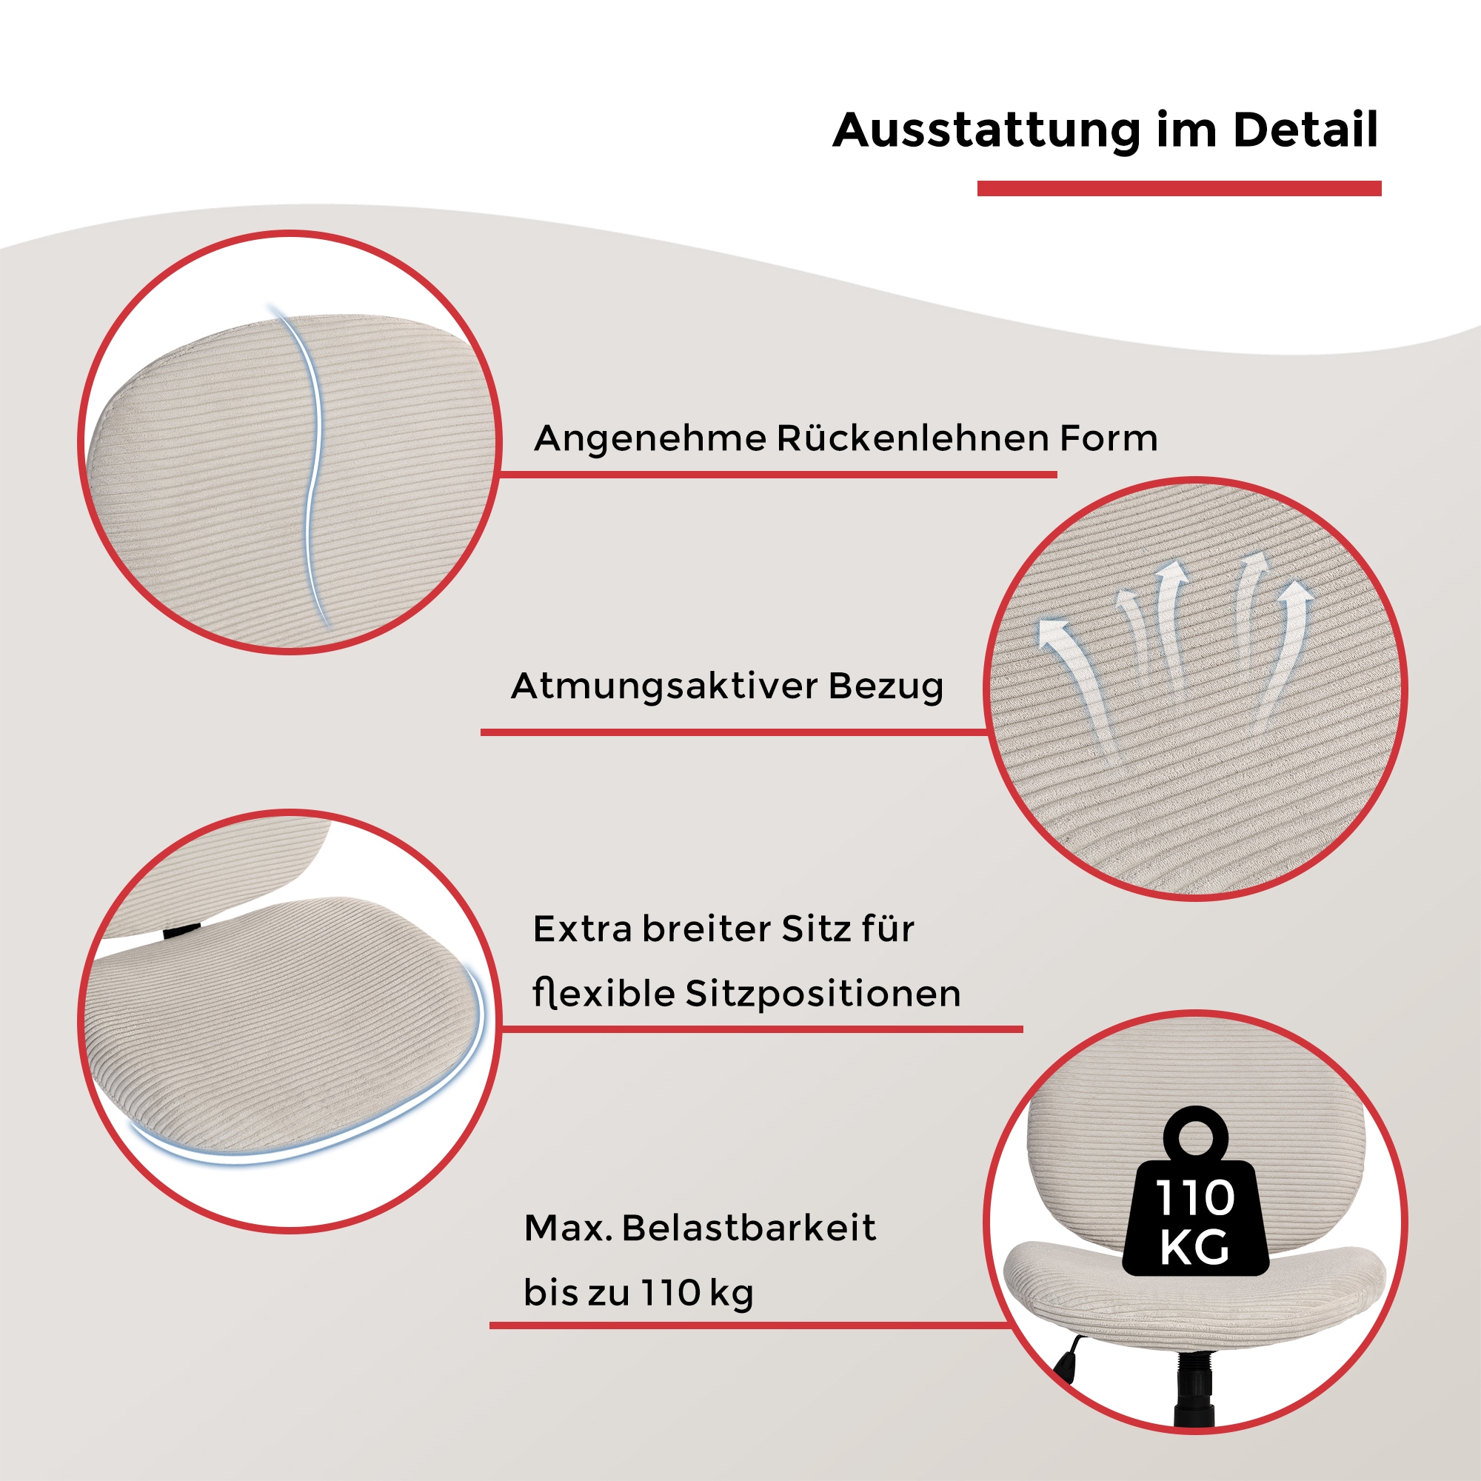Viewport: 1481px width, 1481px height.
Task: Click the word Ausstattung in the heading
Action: (986, 130)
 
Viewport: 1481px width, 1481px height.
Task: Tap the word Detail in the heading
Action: (1305, 130)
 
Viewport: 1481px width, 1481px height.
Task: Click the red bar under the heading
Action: (1179, 189)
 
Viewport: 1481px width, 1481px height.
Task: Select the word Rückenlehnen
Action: (912, 438)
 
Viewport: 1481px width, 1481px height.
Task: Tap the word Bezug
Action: (886, 687)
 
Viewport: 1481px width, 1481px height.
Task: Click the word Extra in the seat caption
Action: (582, 929)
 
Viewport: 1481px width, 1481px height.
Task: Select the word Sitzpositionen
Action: (823, 994)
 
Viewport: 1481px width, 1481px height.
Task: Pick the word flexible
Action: (604, 994)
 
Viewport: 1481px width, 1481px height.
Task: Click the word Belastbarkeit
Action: (748, 1228)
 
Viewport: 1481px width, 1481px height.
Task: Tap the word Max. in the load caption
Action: (568, 1228)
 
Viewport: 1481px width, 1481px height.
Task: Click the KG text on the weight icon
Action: (1195, 1247)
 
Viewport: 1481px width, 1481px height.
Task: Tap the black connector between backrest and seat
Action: (181, 931)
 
